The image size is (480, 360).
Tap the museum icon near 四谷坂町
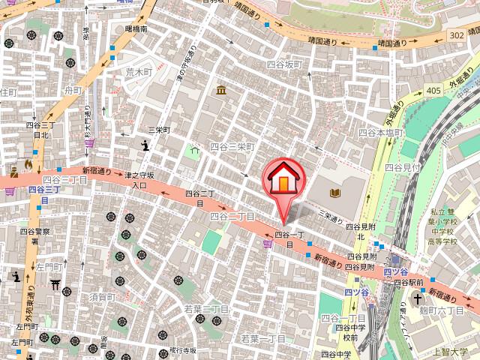pos(222,91)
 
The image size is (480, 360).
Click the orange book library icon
pos(334,193)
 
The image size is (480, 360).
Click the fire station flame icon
pos(29,163)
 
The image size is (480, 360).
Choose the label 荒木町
pos(138,72)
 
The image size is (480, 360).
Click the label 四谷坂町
pos(284,65)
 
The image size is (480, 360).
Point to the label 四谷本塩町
pos(381,132)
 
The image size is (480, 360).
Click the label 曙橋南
pos(137,29)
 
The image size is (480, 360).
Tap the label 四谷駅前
pos(410,283)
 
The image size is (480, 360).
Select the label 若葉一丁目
pos(262,339)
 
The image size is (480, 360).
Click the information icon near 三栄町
pos(144,145)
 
